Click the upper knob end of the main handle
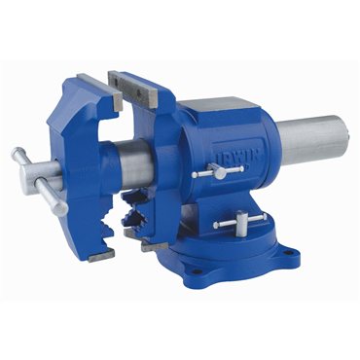(x=18, y=154)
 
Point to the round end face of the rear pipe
(x=340, y=136)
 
